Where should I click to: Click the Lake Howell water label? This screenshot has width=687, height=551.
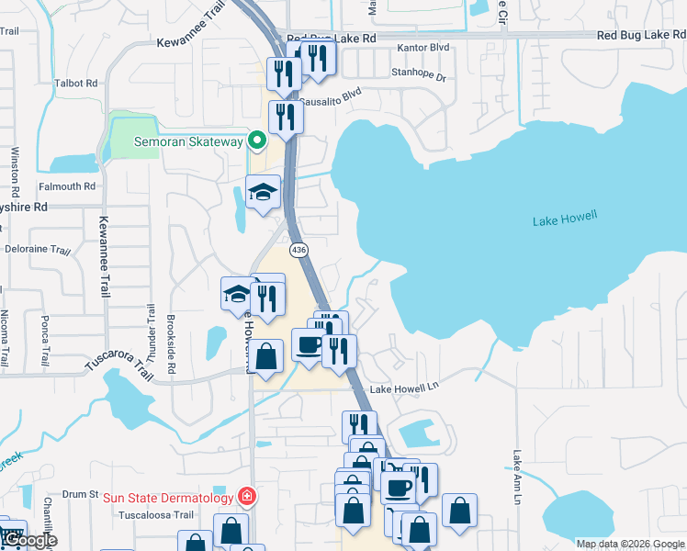click(565, 218)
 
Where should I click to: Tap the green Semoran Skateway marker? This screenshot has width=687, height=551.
click(257, 141)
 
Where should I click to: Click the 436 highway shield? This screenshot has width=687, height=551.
click(298, 250)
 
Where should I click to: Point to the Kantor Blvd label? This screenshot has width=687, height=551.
click(422, 47)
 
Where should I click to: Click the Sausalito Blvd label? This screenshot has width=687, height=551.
click(330, 96)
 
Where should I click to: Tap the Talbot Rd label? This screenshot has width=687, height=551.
click(75, 81)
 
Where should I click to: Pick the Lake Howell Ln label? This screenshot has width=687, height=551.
click(403, 389)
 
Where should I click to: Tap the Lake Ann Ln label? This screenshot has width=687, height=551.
click(517, 476)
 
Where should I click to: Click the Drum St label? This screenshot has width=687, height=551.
click(80, 494)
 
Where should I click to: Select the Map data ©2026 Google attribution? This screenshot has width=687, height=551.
click(629, 544)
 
